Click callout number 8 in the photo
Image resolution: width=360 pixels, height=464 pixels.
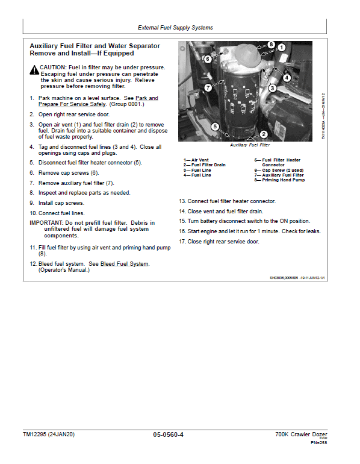(x=272, y=45)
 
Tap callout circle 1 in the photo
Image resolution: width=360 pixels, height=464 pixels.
(x=281, y=48)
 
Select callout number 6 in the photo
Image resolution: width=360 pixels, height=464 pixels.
(x=208, y=59)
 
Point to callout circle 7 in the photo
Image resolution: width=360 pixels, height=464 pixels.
(x=208, y=87)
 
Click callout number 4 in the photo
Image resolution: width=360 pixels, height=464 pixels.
(x=287, y=78)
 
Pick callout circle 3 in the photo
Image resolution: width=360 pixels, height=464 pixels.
(x=272, y=88)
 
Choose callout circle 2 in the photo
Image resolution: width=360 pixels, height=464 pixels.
(x=264, y=134)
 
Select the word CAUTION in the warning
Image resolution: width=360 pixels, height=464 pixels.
(x=53, y=67)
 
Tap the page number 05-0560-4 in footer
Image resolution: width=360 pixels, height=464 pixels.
(x=169, y=434)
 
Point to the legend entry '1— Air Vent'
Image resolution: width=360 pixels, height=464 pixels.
(x=196, y=160)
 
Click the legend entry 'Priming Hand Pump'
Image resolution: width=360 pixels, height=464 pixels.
(x=279, y=180)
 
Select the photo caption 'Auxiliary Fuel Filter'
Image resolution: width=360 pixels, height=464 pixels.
(x=250, y=145)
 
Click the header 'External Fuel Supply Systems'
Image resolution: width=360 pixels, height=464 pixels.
(x=175, y=28)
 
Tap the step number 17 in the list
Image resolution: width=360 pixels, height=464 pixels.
(x=182, y=242)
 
